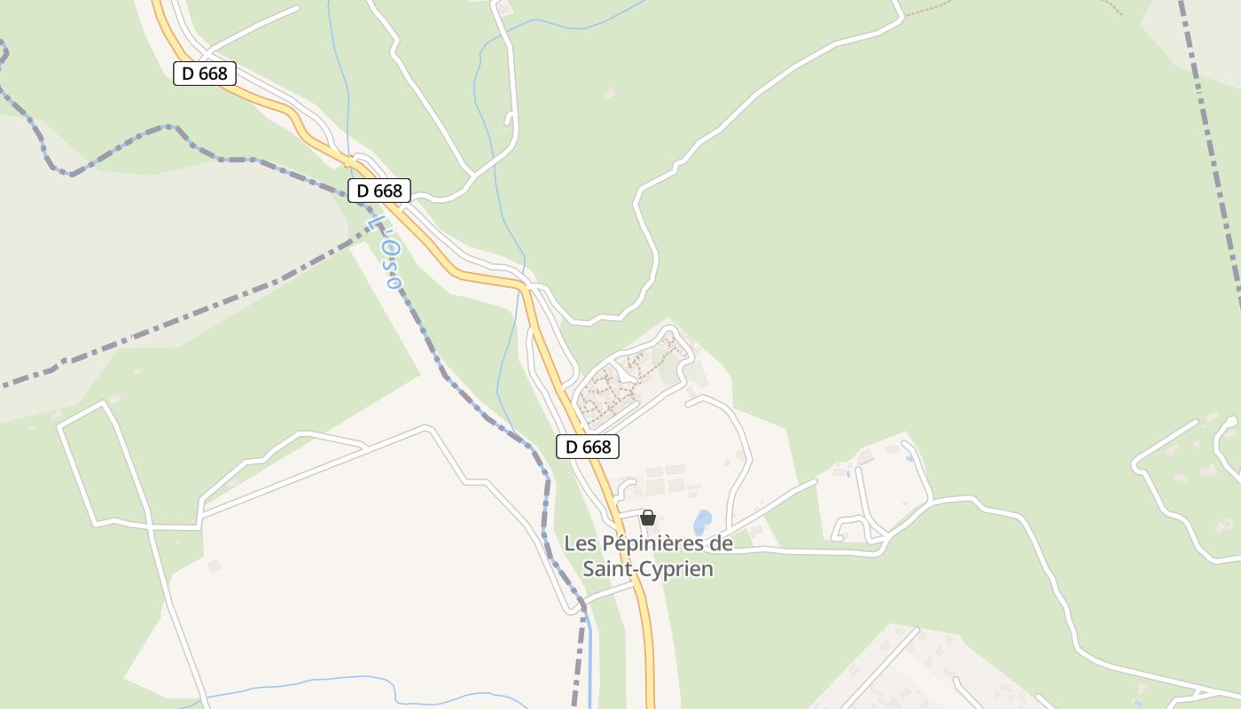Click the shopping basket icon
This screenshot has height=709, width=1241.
(648, 518)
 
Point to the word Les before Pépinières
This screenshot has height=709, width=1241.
(581, 543)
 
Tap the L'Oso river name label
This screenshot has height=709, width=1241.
(386, 253)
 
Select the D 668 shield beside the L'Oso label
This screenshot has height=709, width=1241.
(379, 191)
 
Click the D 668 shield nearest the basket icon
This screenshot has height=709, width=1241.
(588, 447)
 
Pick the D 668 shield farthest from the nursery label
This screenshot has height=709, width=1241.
(205, 74)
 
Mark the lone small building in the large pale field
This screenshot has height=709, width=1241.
(214, 565)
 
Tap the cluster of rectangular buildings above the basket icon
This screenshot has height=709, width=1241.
(665, 479)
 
